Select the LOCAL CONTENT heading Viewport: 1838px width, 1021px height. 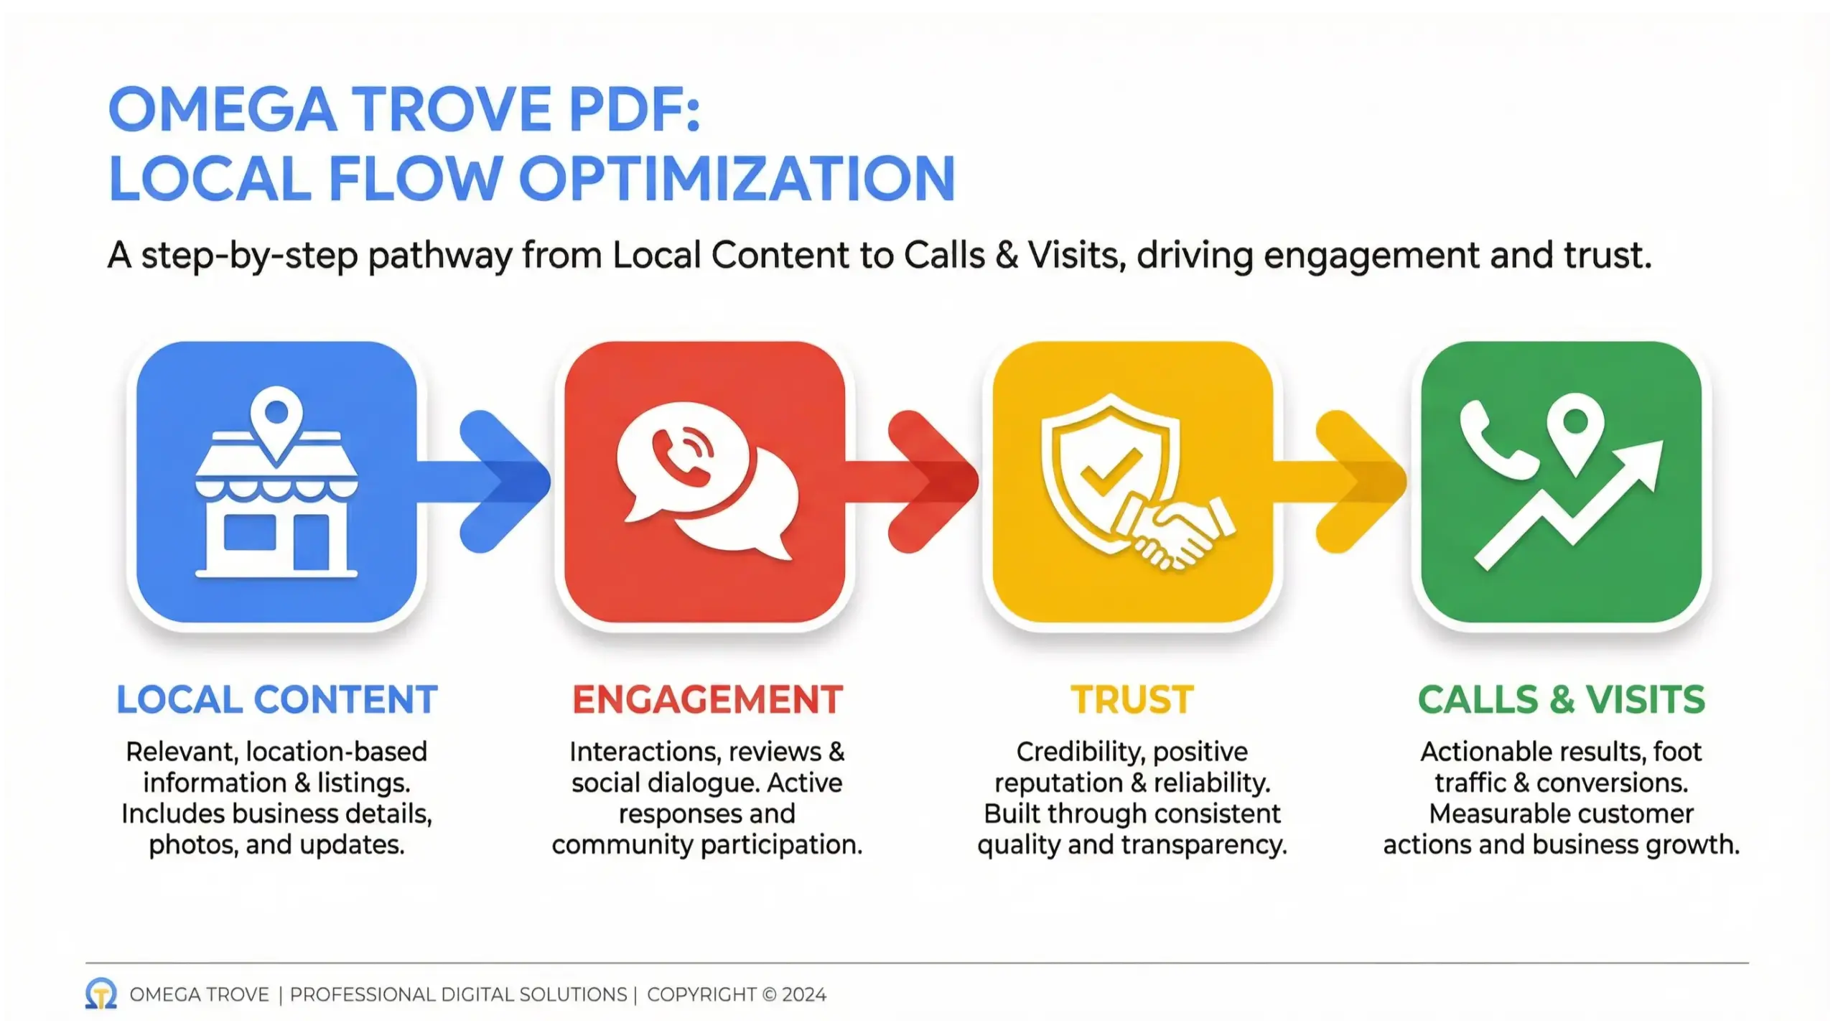(x=277, y=699)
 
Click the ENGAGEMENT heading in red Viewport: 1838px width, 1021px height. (x=707, y=699)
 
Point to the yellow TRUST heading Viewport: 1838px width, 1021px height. (x=1132, y=699)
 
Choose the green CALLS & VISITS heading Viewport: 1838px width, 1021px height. (x=1561, y=699)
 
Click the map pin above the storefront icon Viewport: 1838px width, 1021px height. (x=276, y=420)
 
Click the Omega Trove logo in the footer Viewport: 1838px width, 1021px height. (x=101, y=994)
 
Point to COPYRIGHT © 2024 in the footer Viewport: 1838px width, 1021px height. (x=736, y=994)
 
